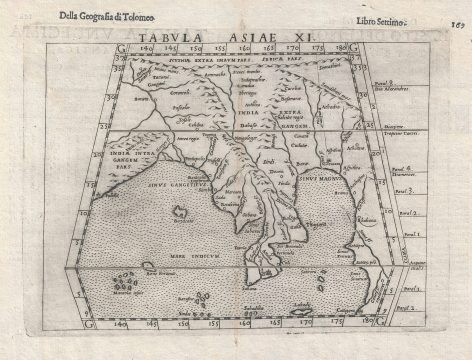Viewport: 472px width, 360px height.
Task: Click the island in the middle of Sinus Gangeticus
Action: click(180, 213)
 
